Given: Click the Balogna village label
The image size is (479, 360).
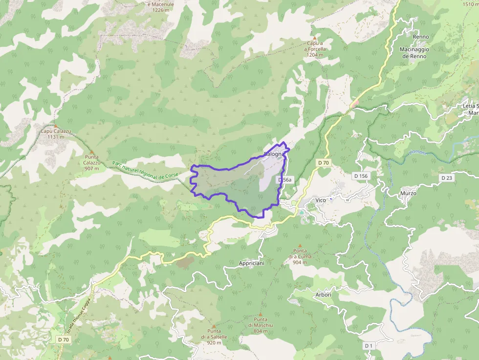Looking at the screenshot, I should coord(274,154).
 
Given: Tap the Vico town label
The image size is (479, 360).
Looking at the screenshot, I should coord(321,200).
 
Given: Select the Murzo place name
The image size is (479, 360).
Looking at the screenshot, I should coord(407,193).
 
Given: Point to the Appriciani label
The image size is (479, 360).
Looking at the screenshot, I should coord(252,263).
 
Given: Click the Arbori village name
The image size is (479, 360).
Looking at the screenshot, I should coord(324,295).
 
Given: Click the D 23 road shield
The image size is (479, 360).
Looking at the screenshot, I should coord(446,178).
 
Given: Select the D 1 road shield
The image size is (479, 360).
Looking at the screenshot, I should coord(369,346).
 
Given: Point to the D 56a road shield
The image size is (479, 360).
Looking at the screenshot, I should coord(284,180).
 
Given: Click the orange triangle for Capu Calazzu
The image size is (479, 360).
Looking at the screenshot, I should coord(55,126).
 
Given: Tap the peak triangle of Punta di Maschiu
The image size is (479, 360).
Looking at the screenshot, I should coord(260,314).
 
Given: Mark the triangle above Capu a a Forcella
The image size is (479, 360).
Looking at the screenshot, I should coord(315,38).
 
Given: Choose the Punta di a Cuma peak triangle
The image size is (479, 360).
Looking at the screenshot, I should coord(300,246).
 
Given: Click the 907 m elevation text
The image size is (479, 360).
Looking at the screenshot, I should coord(91,169).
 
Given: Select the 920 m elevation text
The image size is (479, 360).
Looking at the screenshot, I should coord(214,343).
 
